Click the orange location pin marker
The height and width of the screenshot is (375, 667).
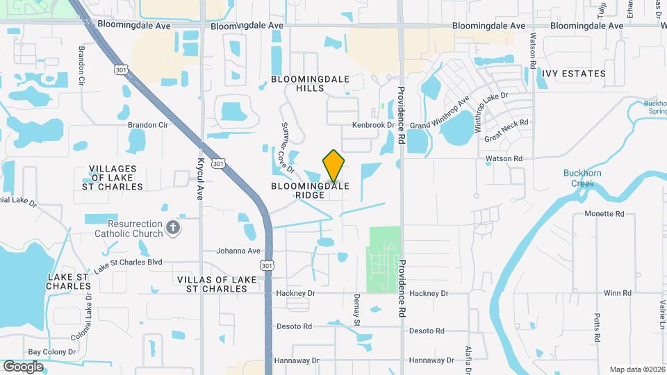(334, 166)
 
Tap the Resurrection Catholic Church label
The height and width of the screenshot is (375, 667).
(135, 229)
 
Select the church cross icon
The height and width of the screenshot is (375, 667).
(173, 226)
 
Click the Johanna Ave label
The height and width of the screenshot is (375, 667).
(238, 251)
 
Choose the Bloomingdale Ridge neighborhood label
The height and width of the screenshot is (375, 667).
(309, 191)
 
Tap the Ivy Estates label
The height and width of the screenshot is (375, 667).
(574, 73)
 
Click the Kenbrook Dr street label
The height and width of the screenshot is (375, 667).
(373, 125)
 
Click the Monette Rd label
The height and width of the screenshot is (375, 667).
(604, 214)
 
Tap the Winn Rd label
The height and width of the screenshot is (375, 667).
(617, 293)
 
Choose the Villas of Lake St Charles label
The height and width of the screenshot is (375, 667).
(217, 284)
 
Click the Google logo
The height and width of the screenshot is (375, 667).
(23, 366)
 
